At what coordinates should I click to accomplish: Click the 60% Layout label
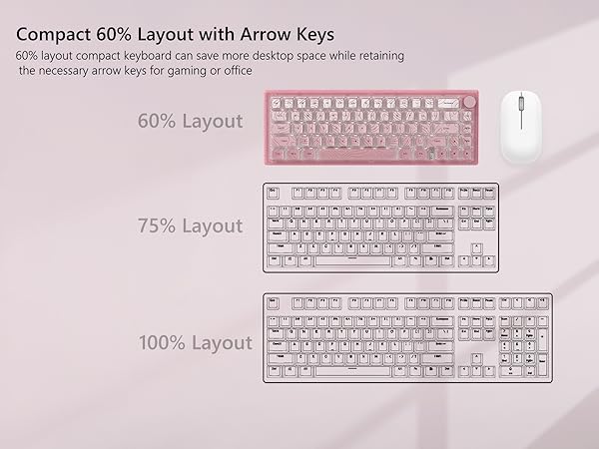(190, 121)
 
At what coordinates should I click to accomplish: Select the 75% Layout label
(190, 226)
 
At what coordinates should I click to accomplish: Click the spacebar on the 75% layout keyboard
(352, 260)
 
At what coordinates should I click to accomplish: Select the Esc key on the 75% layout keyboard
(273, 191)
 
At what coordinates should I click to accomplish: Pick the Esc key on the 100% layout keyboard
(274, 302)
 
